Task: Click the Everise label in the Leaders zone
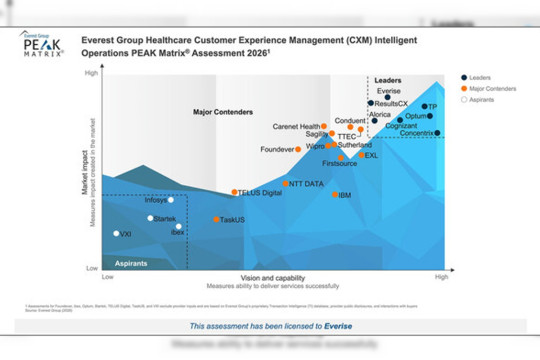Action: click(x=390, y=91)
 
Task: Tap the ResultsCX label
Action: click(x=390, y=104)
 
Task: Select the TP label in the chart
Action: click(x=431, y=106)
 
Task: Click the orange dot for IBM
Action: click(x=335, y=194)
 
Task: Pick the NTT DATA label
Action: click(x=306, y=184)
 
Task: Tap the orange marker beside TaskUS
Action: click(x=217, y=219)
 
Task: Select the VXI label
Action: click(x=126, y=235)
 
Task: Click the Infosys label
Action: click(x=156, y=200)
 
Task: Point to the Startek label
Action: click(x=164, y=218)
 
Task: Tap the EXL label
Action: click(x=371, y=156)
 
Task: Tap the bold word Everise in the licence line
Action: click(x=337, y=326)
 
